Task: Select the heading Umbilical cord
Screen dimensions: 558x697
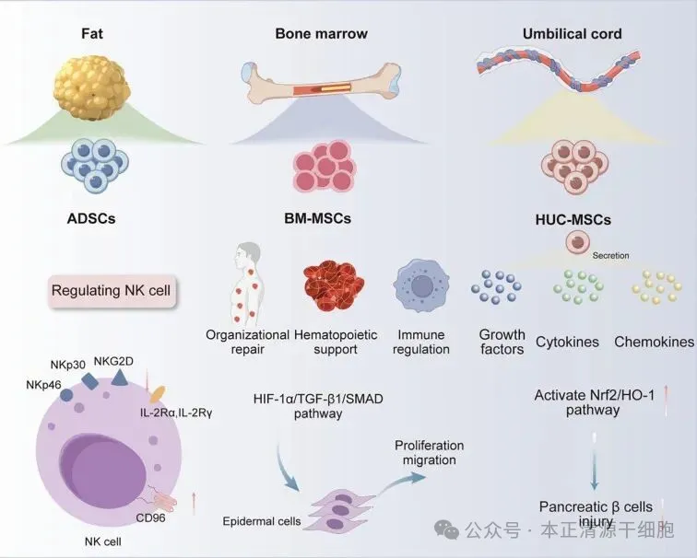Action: pyautogui.click(x=572, y=34)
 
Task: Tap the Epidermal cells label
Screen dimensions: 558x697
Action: pyautogui.click(x=262, y=521)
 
